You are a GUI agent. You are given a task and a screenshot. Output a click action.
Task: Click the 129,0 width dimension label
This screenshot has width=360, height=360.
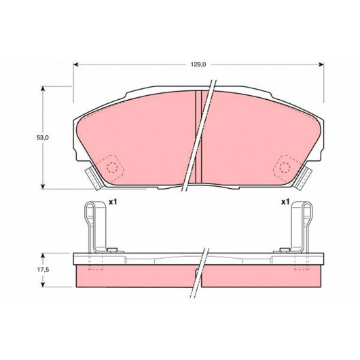pyautogui.click(x=198, y=65)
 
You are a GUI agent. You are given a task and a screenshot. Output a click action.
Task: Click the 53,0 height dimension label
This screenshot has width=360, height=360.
pyautogui.click(x=43, y=138)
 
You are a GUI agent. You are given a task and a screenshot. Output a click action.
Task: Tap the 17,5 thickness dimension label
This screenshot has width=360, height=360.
pyautogui.click(x=43, y=270)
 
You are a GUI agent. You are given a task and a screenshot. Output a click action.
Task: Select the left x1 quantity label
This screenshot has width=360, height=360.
pyautogui.click(x=113, y=202)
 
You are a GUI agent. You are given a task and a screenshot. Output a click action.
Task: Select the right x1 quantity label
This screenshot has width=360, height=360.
pyautogui.click(x=285, y=202)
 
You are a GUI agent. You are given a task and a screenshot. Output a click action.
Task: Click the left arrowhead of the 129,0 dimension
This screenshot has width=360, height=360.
pyautogui.click(x=76, y=65)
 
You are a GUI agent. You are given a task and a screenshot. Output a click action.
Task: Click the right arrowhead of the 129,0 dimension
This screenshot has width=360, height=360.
pyautogui.click(x=321, y=65)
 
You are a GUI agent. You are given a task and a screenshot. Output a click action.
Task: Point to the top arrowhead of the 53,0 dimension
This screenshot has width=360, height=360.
pyautogui.click(x=43, y=89)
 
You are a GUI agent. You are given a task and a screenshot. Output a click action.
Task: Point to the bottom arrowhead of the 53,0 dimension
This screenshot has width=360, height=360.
pyautogui.click(x=43, y=186)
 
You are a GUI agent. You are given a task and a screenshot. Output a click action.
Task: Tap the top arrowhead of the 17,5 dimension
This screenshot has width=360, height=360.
pyautogui.click(x=43, y=256)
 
